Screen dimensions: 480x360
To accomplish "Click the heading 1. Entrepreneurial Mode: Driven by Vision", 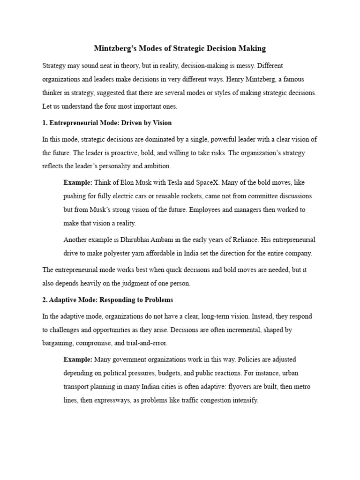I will (x=107, y=123).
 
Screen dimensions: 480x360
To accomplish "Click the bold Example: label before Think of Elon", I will (x=78, y=182).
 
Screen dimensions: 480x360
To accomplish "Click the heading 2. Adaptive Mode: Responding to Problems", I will (x=107, y=300).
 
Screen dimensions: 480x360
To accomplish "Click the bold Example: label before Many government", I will (x=78, y=360).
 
